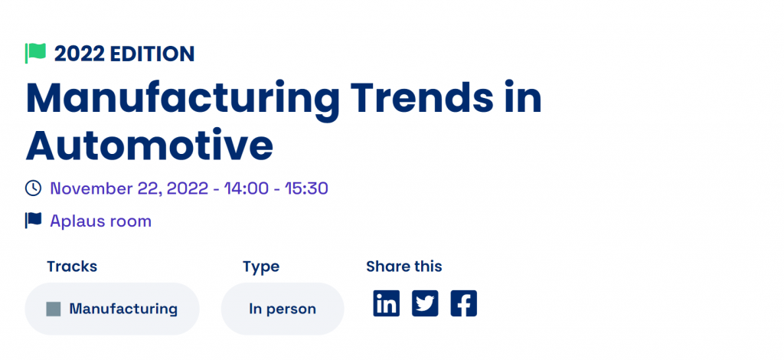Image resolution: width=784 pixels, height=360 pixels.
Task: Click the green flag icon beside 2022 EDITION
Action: (35, 54)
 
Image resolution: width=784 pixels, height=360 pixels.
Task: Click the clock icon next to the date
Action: (33, 188)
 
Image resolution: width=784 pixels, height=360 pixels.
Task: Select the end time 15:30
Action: (306, 188)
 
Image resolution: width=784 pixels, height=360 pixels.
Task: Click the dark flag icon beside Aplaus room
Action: (34, 221)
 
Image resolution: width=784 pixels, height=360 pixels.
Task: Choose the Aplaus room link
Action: (100, 221)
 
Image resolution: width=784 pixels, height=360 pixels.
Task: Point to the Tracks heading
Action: (72, 267)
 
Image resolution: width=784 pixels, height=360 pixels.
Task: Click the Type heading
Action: (261, 267)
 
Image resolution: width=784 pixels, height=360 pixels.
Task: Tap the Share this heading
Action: (404, 267)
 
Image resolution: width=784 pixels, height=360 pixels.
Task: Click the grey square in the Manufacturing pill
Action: (54, 309)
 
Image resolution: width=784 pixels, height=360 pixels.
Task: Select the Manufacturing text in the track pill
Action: (123, 309)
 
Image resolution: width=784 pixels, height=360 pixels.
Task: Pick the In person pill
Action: (283, 309)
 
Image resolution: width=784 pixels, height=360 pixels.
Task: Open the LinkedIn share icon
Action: (387, 303)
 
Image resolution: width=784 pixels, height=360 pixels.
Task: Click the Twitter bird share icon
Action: (425, 303)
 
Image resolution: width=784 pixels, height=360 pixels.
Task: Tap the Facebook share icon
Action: (463, 303)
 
